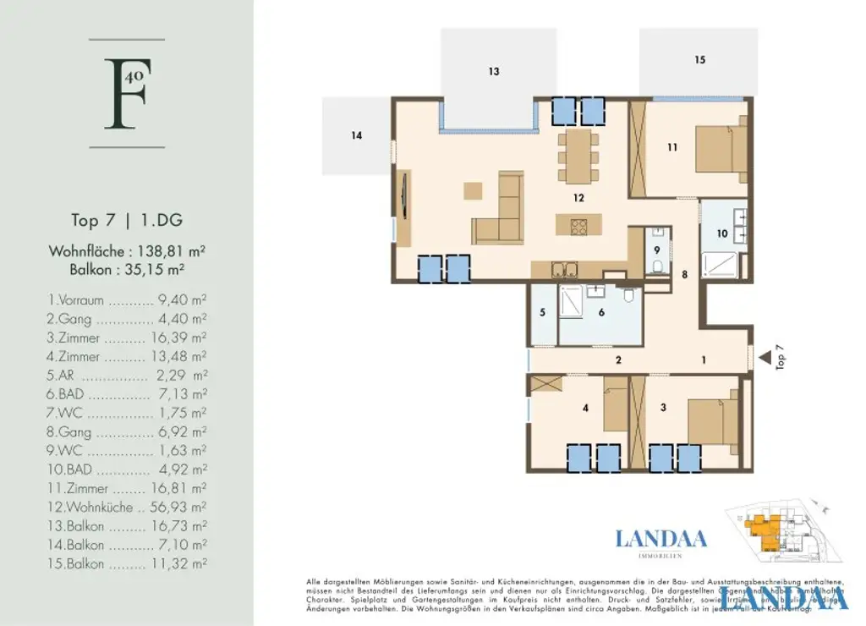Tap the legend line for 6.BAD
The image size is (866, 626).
pyautogui.click(x=127, y=394)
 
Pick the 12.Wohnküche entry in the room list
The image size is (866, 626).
pyautogui.click(x=127, y=508)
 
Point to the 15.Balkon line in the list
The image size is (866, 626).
pyautogui.click(x=127, y=564)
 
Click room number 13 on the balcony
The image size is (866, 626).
pyautogui.click(x=494, y=72)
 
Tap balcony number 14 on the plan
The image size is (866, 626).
pyautogui.click(x=357, y=135)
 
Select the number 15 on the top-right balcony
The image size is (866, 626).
pyautogui.click(x=699, y=60)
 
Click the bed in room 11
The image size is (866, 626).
pyautogui.click(x=721, y=148)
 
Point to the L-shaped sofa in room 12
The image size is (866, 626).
pyautogui.click(x=499, y=216)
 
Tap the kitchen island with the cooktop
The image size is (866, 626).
pyautogui.click(x=578, y=225)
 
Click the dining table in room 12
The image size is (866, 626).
pyautogui.click(x=578, y=155)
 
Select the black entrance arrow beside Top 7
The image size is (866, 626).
pyautogui.click(x=764, y=359)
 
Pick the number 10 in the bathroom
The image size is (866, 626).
pyautogui.click(x=721, y=233)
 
